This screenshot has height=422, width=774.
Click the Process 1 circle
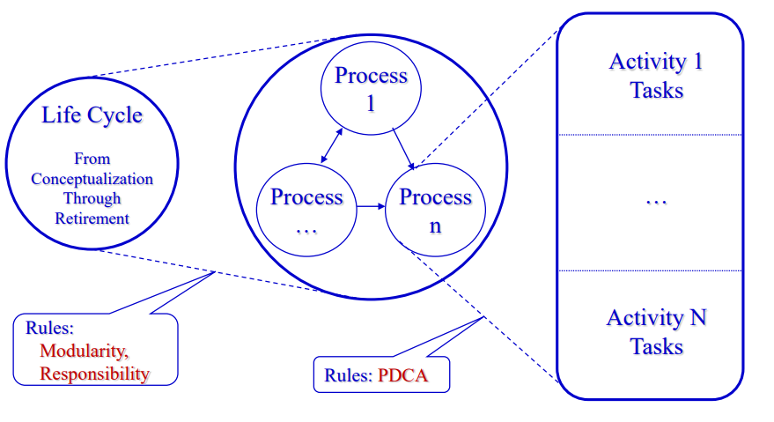tap(371, 88)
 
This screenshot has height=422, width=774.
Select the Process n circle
tap(435, 211)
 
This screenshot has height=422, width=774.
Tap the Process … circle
tap(306, 210)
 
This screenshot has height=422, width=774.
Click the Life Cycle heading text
tap(92, 115)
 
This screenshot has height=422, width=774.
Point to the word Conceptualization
tap(92, 179)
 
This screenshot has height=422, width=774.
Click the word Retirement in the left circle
tap(92, 218)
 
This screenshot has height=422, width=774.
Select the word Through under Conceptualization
tap(92, 198)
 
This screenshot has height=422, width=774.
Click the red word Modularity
tap(85, 351)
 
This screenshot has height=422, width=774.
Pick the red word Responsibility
tap(94, 374)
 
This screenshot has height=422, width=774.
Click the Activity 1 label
tap(656, 63)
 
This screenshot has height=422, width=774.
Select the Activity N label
tap(656, 318)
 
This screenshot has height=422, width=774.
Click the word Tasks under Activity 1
tap(656, 90)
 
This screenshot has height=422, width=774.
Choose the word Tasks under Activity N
tap(656, 346)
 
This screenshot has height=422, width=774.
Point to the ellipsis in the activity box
tap(655, 201)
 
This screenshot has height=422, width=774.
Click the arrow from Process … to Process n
tap(371, 207)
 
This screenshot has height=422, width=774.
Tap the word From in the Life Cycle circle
tap(92, 159)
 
